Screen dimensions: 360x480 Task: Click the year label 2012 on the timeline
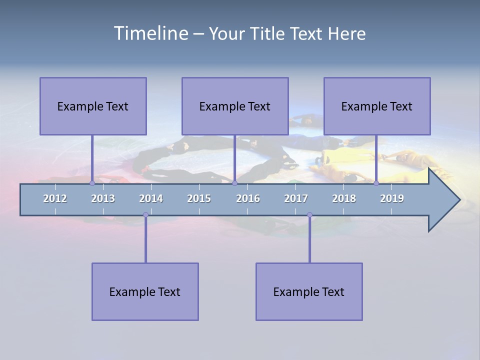(55, 198)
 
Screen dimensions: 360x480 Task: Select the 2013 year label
(103, 198)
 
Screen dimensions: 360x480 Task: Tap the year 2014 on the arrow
(151, 198)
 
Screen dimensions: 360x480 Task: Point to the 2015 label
(199, 198)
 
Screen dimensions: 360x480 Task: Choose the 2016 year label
(248, 198)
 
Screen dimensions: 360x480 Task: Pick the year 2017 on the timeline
(296, 198)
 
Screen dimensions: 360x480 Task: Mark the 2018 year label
(344, 198)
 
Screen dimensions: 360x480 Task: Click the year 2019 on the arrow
(392, 198)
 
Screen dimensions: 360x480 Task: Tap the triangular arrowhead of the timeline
(442, 200)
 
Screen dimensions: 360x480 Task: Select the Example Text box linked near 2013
(93, 106)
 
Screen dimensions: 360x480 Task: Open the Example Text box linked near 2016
(235, 106)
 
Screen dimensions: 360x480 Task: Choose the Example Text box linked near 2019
(377, 106)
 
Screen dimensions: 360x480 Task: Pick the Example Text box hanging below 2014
(145, 291)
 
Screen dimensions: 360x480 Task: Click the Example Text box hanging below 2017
(309, 291)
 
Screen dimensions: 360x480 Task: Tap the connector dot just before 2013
(92, 183)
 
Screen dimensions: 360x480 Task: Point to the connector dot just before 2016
(234, 183)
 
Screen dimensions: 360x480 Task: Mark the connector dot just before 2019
(376, 183)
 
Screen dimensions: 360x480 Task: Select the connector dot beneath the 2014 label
(145, 215)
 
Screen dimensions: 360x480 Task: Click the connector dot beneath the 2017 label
(309, 215)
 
